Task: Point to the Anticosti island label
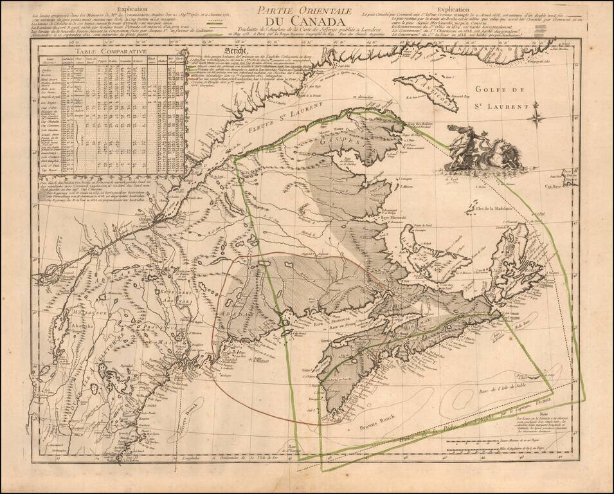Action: [441, 97]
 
